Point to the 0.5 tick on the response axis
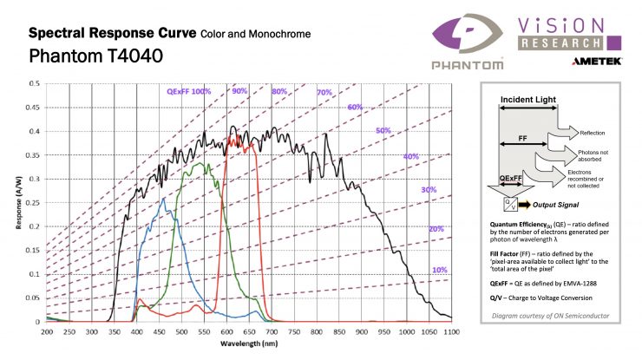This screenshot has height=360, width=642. [32, 83]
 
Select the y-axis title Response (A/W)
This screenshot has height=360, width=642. [16, 202]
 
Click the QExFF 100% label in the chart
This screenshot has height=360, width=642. [189, 90]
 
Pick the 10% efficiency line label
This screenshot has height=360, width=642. [440, 270]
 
